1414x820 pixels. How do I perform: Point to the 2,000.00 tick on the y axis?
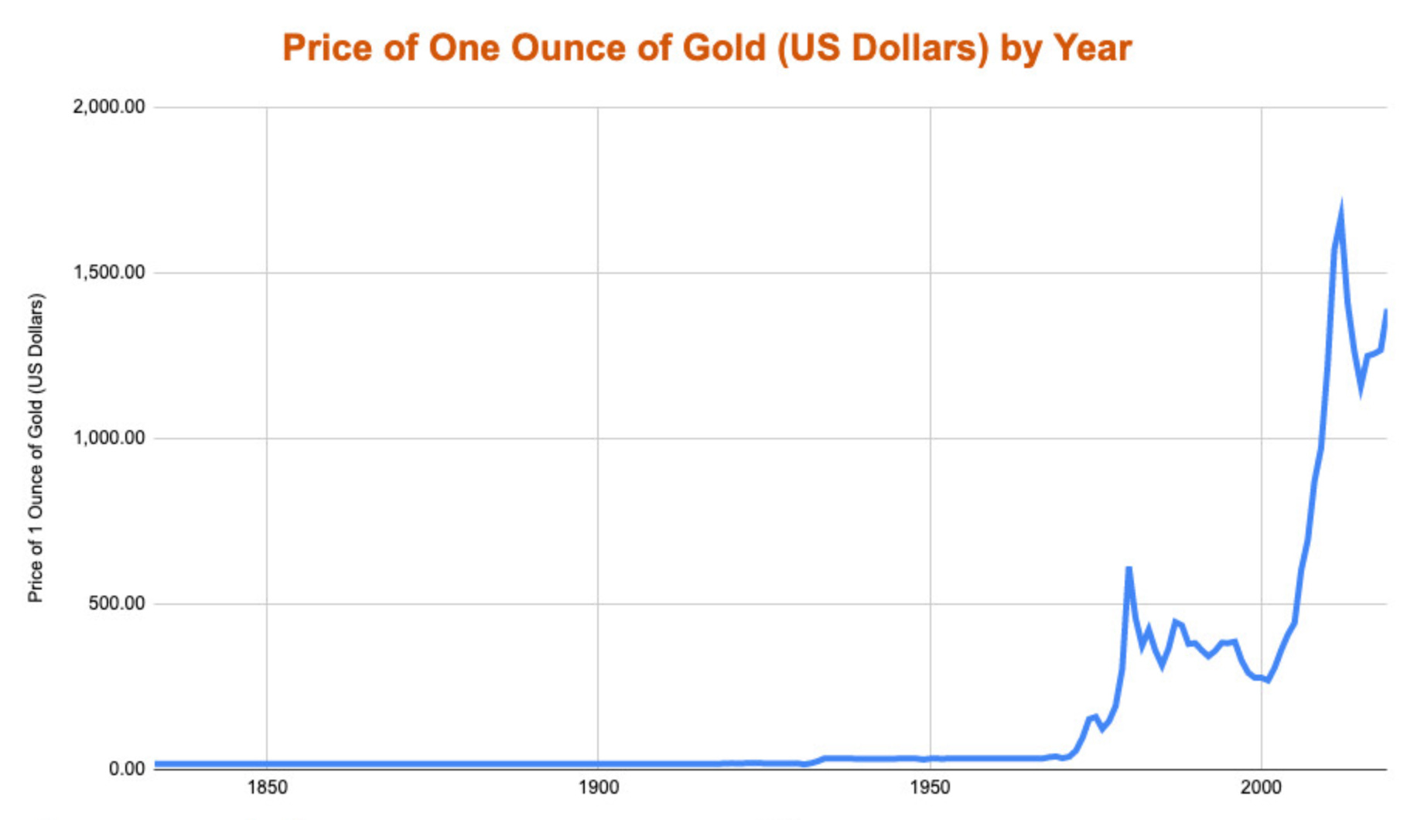(109, 107)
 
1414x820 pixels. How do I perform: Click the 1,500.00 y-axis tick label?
(109, 272)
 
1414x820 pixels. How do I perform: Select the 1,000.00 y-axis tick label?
(109, 438)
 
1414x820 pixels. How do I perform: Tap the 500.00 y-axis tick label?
(117, 603)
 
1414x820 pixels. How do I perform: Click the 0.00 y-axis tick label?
(126, 769)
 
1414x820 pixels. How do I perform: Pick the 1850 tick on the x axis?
(267, 788)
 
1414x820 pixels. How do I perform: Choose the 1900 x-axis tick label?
(598, 788)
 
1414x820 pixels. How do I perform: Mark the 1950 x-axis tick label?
(930, 788)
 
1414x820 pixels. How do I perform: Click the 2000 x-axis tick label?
(1261, 788)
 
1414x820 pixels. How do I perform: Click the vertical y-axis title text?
(36, 449)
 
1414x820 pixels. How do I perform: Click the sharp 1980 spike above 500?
(1129, 569)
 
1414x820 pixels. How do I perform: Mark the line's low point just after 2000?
(1268, 680)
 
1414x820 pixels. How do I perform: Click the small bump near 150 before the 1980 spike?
(1094, 718)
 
